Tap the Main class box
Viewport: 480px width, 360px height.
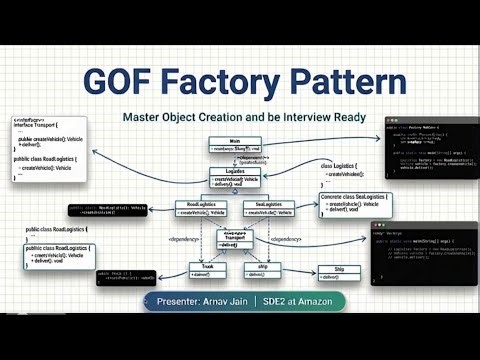(234, 145)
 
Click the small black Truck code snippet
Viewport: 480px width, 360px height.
(127, 276)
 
